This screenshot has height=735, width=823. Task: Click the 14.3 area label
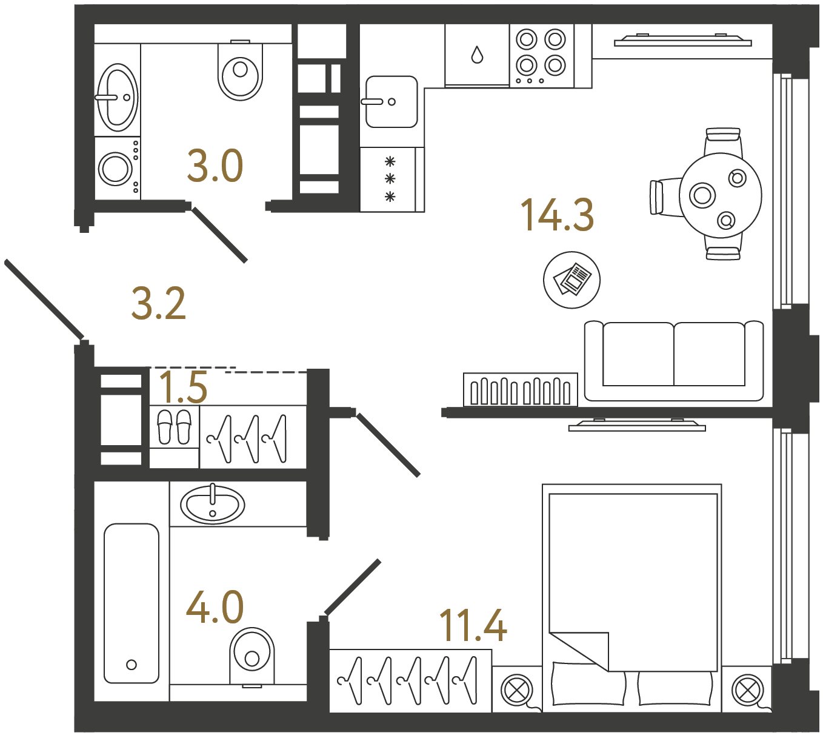[x=557, y=215]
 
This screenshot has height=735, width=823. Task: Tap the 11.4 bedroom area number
[x=473, y=625]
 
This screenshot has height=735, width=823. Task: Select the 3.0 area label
[x=215, y=166]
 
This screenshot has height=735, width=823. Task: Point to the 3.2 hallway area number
[x=158, y=304]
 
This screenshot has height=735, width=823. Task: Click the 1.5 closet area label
[x=183, y=388]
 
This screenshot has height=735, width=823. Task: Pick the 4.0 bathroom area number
[x=215, y=607]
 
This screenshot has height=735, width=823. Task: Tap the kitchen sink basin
[x=392, y=101]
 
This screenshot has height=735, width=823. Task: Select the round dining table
[x=720, y=195]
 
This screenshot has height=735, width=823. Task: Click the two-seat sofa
[x=673, y=360]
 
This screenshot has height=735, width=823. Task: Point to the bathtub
[x=132, y=603]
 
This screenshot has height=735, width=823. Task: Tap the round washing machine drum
[x=115, y=169]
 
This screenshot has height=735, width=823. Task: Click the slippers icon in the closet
[x=174, y=426]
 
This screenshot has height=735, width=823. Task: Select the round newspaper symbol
[x=571, y=280]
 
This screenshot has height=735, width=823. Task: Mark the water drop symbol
[x=477, y=55]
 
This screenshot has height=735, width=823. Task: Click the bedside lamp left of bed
[x=516, y=690]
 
